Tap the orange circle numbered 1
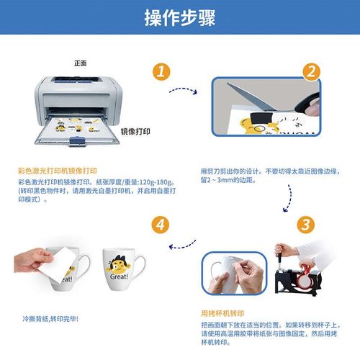[x=163, y=72]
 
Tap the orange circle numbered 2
[x=310, y=72]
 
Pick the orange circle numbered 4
[x=163, y=224]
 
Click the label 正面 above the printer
[x=80, y=63]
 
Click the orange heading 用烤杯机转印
[x=222, y=315]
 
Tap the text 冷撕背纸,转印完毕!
[x=50, y=318]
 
